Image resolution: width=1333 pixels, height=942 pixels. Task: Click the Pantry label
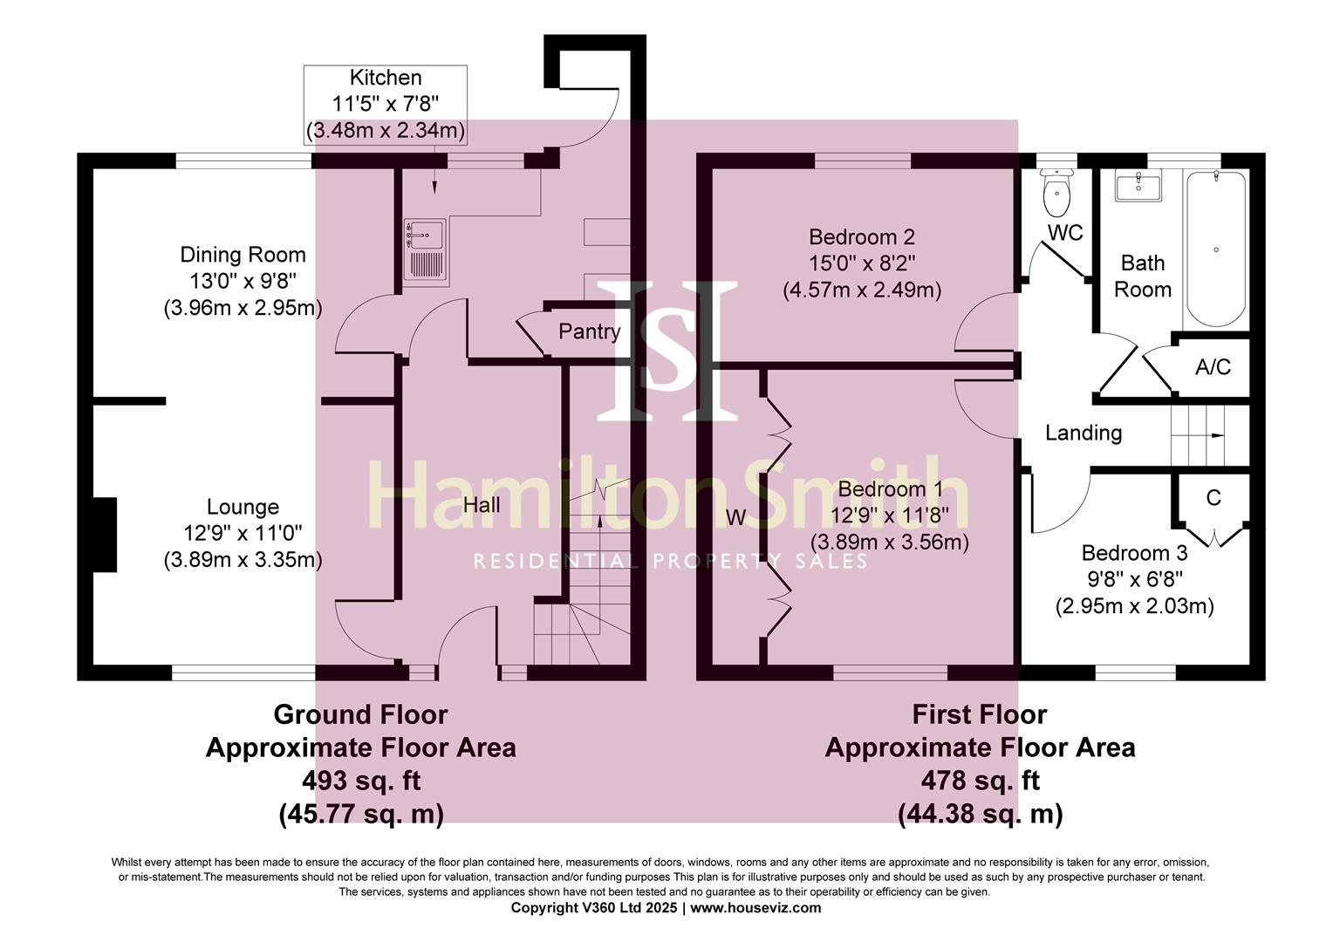coord(589,331)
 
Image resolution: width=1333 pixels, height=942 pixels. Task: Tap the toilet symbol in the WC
coord(1056,195)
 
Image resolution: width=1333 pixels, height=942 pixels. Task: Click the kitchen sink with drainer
coord(425,251)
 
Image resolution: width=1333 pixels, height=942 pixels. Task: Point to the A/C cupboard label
coord(1213,367)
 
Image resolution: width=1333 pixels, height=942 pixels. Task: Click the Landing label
coord(1083,433)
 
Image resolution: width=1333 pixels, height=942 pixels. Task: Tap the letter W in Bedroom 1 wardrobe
coord(735,518)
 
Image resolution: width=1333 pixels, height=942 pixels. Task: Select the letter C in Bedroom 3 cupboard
coord(1213,498)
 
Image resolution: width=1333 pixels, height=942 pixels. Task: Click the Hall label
coord(482,506)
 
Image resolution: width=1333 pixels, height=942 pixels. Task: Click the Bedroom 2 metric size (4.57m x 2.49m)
coord(861,290)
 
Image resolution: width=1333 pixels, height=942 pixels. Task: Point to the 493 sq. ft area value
coord(361,780)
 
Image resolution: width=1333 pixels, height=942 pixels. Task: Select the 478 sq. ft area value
coord(980,780)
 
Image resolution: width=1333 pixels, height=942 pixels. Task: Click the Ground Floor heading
coord(360,714)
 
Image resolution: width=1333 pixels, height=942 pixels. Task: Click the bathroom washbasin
coord(1138,187)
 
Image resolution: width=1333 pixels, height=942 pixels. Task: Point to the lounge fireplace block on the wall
coord(104,533)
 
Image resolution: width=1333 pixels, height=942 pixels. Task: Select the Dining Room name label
coord(243,255)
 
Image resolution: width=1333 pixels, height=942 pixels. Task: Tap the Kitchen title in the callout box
coord(385,78)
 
